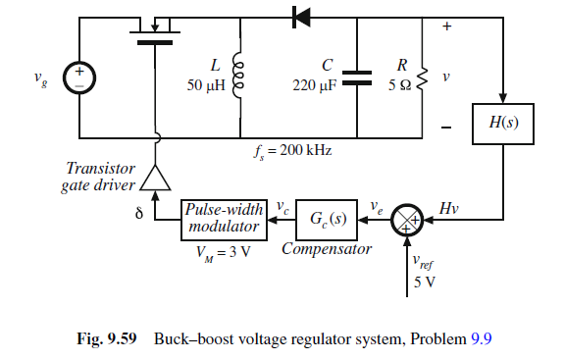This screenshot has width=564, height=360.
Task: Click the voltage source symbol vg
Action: [77, 77]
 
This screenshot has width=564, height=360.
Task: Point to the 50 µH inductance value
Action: [204, 85]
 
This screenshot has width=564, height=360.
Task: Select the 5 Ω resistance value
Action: [398, 85]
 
